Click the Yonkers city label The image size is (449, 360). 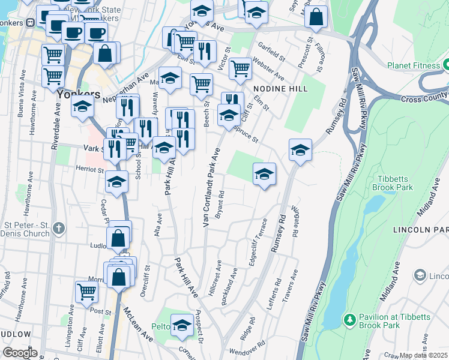tap(78, 95)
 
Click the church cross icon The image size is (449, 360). tap(58, 228)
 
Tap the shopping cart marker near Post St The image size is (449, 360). tap(86, 292)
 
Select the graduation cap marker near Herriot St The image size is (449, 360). tap(117, 181)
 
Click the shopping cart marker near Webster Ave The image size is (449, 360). tap(240, 68)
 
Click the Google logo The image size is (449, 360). tap(20, 353)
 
